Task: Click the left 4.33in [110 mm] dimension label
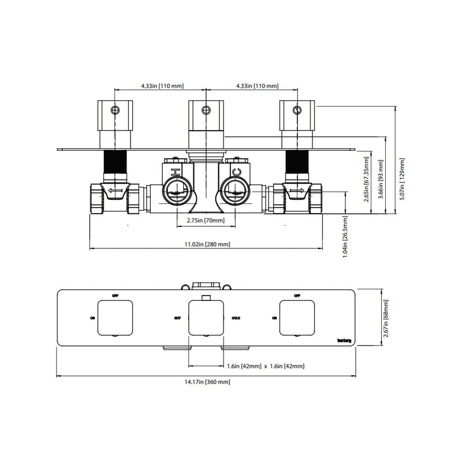[162, 86]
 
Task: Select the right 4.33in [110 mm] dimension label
[257, 86]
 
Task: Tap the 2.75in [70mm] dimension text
[206, 221]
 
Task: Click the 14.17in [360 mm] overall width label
[206, 382]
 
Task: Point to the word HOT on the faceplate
[178, 318]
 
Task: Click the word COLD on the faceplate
[236, 318]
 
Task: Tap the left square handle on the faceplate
[115, 317]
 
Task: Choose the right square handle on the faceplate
[297, 317]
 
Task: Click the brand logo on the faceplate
[344, 340]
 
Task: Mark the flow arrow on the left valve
[116, 190]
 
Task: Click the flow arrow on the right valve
[297, 190]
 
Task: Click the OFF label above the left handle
[115, 296]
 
